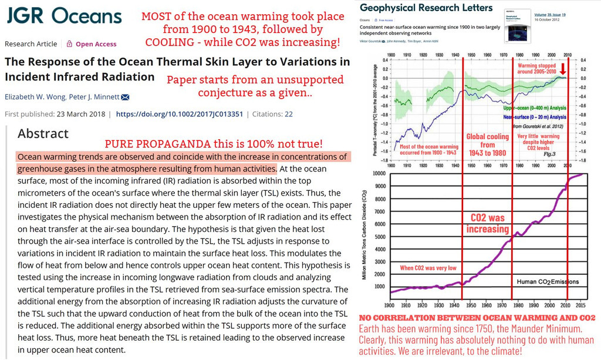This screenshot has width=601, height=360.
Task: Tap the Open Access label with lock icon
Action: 92,44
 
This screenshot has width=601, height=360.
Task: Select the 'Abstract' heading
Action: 43,134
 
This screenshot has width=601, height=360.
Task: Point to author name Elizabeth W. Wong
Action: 37,97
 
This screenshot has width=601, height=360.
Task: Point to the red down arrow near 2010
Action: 563,69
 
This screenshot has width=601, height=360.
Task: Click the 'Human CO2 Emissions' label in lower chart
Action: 547,281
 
